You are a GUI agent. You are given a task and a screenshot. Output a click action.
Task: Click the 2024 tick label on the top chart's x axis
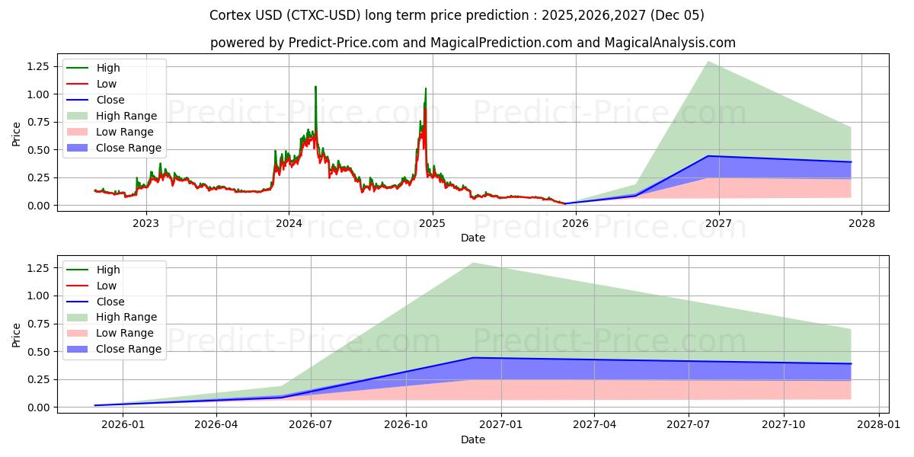289,223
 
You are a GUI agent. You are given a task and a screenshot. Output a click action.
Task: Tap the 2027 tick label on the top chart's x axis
718,223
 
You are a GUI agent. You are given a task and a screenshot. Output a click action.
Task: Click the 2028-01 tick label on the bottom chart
879,425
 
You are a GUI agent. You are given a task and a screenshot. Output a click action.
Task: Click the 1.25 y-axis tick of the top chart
37,66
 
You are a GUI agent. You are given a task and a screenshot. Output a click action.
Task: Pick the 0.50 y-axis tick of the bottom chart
37,352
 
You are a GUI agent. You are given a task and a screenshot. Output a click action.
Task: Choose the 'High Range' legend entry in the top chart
126,116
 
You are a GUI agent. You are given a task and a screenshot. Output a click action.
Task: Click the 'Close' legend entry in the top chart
110,100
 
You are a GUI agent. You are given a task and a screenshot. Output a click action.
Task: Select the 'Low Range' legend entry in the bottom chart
125,333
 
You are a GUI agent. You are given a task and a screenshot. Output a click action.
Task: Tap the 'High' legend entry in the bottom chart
108,270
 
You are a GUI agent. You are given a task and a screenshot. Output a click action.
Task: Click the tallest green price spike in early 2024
315,87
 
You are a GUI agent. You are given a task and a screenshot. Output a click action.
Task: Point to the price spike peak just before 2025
426,89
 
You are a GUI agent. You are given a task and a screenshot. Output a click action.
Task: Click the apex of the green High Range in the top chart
708,62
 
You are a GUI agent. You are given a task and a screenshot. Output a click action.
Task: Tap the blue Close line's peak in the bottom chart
473,357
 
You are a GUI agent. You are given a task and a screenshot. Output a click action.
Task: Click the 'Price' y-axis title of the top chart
17,134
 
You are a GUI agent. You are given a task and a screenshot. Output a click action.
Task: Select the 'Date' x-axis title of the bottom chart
472,440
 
